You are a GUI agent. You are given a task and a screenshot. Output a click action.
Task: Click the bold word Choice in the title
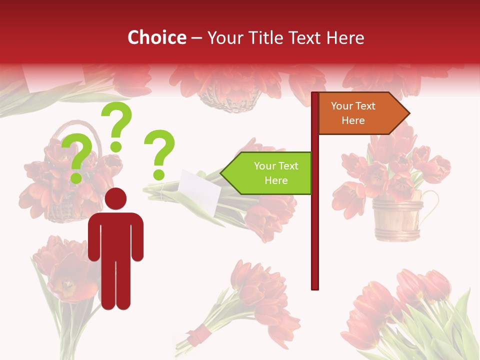pyautogui.click(x=156, y=37)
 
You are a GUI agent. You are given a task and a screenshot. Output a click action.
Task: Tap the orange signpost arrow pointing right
pyautogui.click(x=362, y=113)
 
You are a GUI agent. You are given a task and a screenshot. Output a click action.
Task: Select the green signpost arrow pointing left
pyautogui.click(x=267, y=173)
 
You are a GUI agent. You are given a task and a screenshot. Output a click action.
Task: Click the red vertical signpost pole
pyautogui.click(x=315, y=225)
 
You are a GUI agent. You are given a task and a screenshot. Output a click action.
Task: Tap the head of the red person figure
pyautogui.click(x=115, y=199)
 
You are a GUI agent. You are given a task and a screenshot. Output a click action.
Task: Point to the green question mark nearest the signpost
pyautogui.click(x=159, y=154)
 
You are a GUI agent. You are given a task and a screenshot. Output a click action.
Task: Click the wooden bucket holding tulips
pyautogui.click(x=397, y=218)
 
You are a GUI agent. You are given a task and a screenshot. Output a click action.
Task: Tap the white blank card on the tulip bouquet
pyautogui.click(x=199, y=190)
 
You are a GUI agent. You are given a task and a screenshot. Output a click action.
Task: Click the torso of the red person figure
pyautogui.click(x=115, y=235)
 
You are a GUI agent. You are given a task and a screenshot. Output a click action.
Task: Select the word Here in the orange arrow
pyautogui.click(x=353, y=120)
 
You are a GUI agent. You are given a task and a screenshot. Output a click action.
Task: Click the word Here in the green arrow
pyautogui.click(x=276, y=180)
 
